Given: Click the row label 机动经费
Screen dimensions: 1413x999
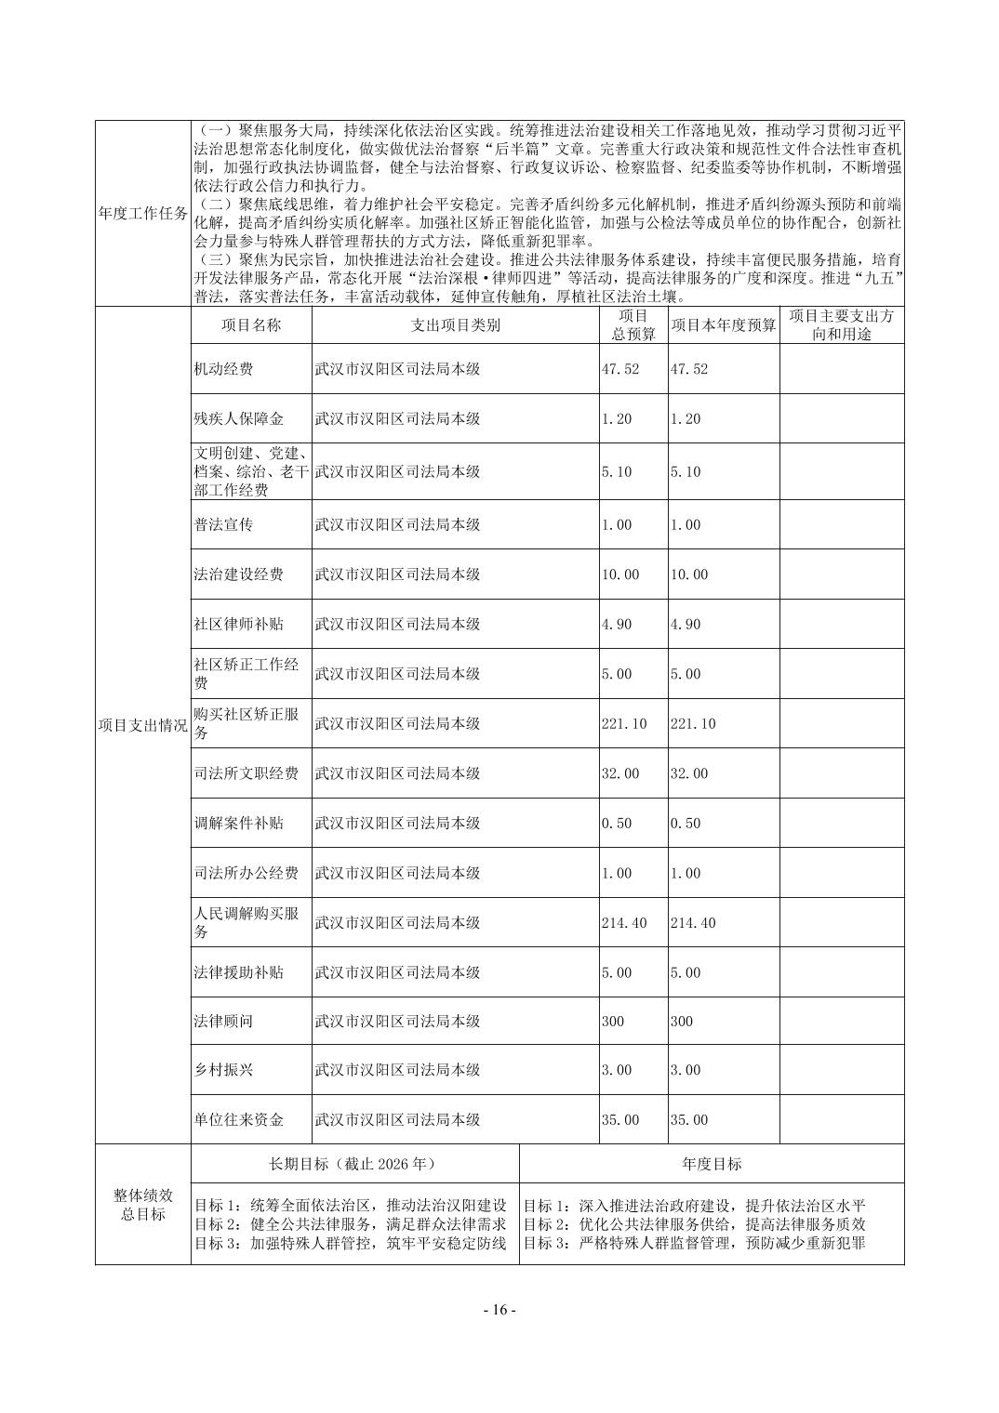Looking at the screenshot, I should coord(223,369).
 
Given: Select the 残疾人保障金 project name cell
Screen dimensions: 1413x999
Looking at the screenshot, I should coord(237,418).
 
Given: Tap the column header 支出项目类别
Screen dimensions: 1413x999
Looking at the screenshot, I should coord(455,325).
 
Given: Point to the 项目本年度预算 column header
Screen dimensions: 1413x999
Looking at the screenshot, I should coord(723,325).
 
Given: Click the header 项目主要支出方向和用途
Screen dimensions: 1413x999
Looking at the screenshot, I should coord(841,325).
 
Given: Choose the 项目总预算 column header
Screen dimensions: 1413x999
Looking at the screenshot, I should coord(633,325).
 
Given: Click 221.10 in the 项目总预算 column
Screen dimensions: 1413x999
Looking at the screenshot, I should coord(623,723).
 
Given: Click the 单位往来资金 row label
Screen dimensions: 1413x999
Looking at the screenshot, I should coord(238,1120).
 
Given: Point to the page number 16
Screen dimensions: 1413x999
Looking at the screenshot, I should coord(499,1310).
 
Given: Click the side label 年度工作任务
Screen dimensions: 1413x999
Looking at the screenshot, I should coord(142,213).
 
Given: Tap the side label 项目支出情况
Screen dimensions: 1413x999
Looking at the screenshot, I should coord(142,725).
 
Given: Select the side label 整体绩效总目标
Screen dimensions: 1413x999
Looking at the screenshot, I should coord(142,1205).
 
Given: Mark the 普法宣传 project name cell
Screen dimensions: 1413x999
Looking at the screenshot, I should coord(223,524).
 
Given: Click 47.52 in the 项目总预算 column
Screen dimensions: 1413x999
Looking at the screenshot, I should coord(620,369).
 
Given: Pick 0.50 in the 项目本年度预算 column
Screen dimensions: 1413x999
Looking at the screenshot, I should coord(686,824).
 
